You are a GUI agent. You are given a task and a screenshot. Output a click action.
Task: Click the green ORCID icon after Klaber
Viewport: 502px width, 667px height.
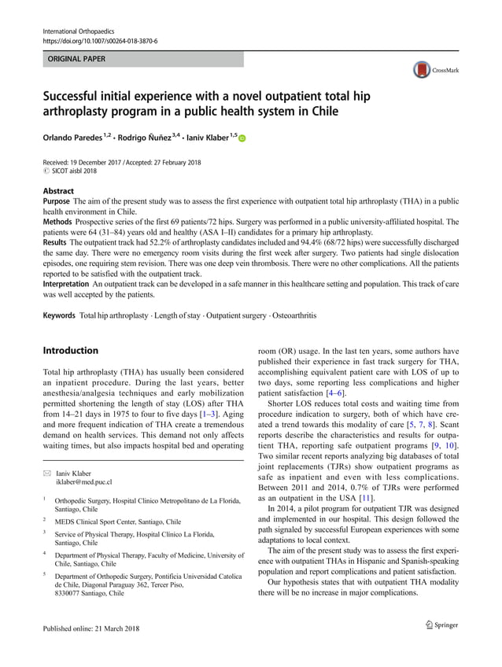[241, 139]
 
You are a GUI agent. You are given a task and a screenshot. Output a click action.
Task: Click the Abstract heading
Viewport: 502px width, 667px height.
[58, 191]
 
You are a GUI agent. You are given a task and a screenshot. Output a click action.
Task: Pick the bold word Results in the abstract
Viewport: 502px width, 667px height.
[57, 243]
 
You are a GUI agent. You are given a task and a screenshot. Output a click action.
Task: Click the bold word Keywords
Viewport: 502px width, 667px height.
[60, 315]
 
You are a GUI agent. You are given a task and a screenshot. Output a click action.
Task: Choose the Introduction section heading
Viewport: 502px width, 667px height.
[70, 350]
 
